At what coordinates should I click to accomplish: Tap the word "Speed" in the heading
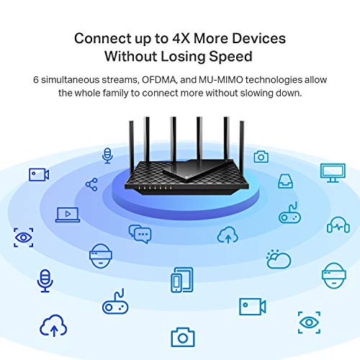point(230,57)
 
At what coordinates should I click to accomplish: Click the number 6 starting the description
point(36,80)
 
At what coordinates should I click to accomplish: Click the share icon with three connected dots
point(91,184)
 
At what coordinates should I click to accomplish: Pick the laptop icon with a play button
point(68,215)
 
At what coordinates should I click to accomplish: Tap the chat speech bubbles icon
point(140,234)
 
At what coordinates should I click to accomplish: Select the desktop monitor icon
point(333,173)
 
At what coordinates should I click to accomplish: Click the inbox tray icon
point(285,181)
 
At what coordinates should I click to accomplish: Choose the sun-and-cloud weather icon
point(279,259)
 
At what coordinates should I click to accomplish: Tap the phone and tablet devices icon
point(182,280)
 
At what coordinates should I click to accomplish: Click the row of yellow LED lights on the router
point(155,188)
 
